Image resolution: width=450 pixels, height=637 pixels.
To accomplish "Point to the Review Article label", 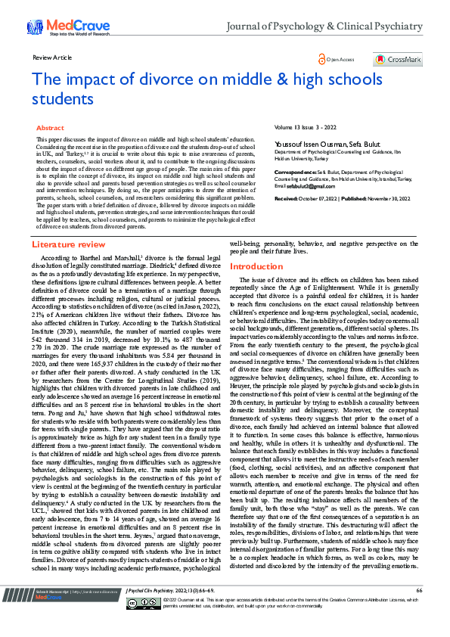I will pos(52,57).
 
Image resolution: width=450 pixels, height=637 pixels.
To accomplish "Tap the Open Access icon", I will pos(324,59).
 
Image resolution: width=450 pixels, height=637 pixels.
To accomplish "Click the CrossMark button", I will pos(397,60).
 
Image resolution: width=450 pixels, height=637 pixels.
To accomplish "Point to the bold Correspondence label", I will pos(294,172).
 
